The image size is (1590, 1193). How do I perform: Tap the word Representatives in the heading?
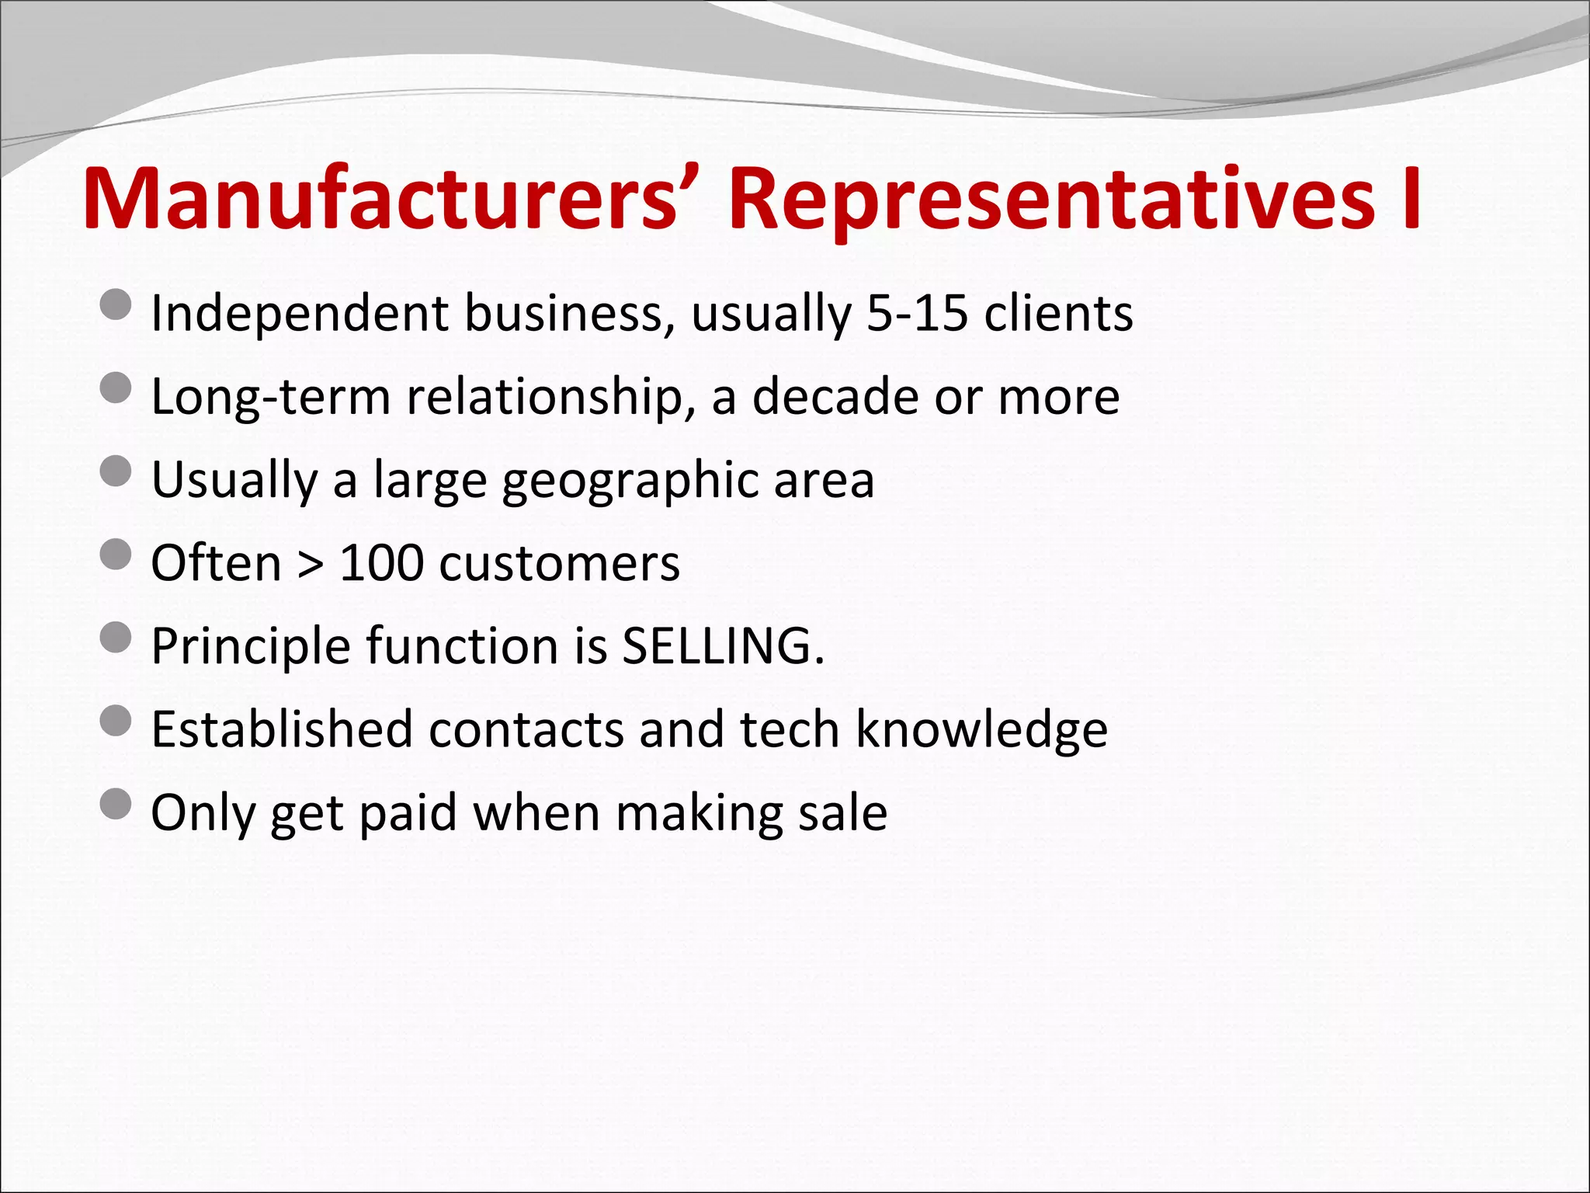pos(1052,200)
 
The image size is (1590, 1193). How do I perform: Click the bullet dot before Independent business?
pos(116,304)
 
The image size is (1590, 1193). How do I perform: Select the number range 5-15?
pos(917,313)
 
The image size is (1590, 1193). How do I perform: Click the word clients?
pos(1058,313)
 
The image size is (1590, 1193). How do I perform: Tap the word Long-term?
pos(270,397)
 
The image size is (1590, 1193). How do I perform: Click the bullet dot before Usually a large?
pos(116,471)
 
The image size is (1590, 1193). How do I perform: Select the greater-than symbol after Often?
pos(311,564)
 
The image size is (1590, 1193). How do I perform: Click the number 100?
pos(381,562)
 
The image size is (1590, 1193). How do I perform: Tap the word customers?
pos(559,564)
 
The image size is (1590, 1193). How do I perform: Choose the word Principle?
pos(251,647)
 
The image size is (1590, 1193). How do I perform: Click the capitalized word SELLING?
pos(722,645)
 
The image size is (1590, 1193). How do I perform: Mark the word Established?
pos(281,729)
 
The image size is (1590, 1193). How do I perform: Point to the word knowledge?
pos(981,731)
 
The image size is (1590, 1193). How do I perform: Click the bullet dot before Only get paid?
pos(116,804)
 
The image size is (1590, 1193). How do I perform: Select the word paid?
pos(408,813)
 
